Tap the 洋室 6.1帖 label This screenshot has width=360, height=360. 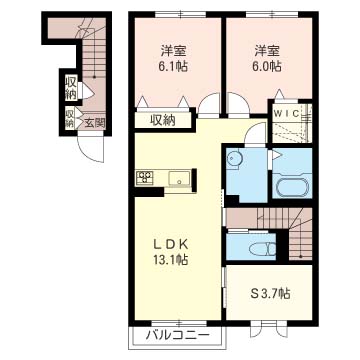point(173,59)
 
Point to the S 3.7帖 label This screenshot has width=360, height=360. point(270,293)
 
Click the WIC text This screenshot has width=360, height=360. point(286,114)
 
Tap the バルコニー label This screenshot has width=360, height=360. point(177,335)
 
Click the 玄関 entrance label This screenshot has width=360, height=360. point(95,124)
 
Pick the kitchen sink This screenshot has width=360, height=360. point(180,178)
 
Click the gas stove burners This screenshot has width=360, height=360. point(145,177)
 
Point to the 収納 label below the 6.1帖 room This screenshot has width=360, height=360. point(163,120)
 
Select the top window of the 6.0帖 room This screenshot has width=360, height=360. point(272,14)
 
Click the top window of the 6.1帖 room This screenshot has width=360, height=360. point(180,14)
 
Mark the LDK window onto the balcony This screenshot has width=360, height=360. point(179,323)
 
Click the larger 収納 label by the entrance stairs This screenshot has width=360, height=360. point(71,87)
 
